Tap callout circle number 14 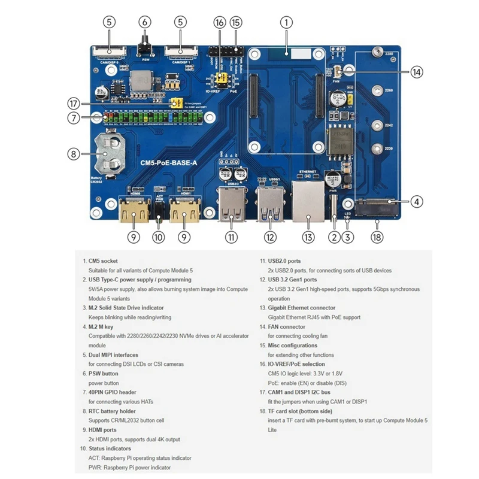(417, 72)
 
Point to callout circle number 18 (377, 238)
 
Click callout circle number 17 (74, 102)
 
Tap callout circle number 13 (308, 238)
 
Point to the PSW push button (144, 46)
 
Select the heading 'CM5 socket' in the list (104, 261)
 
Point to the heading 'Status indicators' (110, 448)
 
